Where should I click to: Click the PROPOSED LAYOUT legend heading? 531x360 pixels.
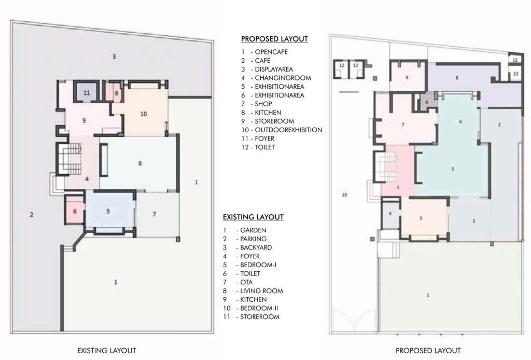coord(274,39)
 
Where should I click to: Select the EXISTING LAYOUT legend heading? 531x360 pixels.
coord(253,217)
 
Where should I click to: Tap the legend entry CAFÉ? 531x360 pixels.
coord(262,61)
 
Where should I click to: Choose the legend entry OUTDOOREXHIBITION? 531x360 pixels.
coord(288,130)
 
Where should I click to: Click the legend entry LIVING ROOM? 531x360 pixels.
coord(261,291)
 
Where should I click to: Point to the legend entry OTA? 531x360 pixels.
coord(246,282)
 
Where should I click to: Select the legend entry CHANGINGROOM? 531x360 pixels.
coord(283,78)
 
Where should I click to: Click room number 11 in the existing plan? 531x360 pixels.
coord(87,92)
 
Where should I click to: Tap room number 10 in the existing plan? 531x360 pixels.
coord(144,114)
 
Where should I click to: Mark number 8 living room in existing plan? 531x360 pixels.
coord(140,163)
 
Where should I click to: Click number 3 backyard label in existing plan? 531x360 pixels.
coord(114,56)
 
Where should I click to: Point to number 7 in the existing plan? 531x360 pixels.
coord(154,214)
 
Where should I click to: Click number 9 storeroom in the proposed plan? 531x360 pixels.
coord(407,78)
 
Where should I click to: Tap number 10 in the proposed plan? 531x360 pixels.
coord(344,195)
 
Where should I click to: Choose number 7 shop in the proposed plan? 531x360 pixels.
coord(403,125)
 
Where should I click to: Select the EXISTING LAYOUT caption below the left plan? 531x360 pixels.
coord(107,351)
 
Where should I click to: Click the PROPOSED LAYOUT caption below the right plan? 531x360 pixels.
coord(428,351)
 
